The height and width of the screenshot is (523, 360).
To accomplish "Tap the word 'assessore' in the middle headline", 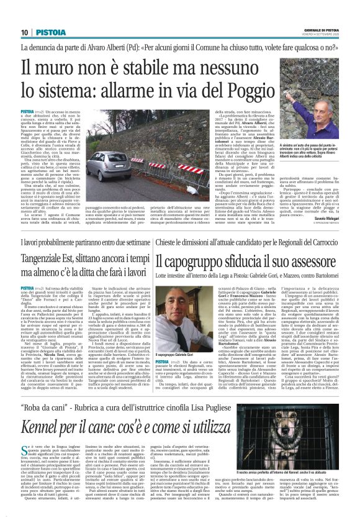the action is (310, 261).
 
